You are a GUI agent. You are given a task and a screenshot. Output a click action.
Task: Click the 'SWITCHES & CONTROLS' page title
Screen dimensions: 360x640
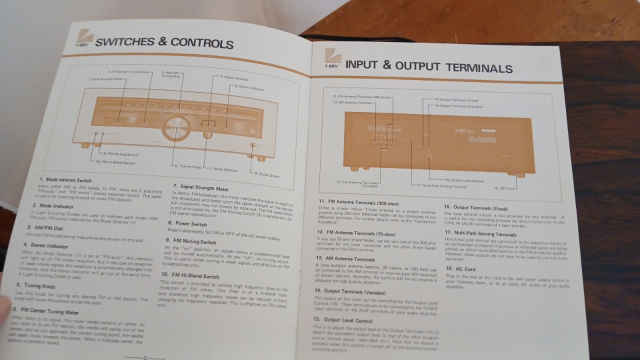164,42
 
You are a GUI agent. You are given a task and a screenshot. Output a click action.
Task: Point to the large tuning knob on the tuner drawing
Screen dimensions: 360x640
175,128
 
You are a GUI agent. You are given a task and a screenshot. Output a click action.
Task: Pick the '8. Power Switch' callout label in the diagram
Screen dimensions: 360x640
267,174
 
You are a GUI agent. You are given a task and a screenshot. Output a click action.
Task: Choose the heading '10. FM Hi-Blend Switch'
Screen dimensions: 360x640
190,275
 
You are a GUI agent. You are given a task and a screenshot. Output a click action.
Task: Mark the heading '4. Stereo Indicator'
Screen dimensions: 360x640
45,245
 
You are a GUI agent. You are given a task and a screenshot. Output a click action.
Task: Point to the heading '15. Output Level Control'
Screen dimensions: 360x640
343,319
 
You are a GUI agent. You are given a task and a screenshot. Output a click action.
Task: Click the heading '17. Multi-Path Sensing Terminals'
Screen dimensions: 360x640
480,233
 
